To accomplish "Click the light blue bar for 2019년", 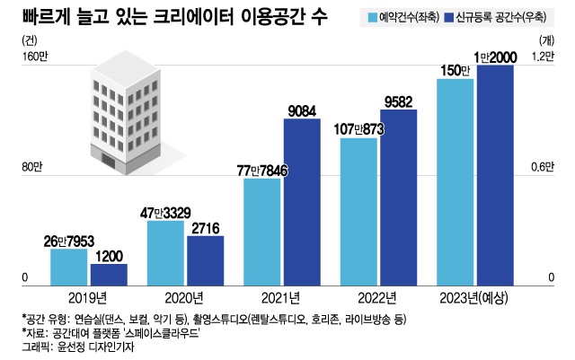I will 68,265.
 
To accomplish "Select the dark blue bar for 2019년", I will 108,272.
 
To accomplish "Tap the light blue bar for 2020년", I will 165,250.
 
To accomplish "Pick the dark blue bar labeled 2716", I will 205,259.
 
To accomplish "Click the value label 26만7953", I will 68,241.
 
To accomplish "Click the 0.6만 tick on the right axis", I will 542,168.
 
